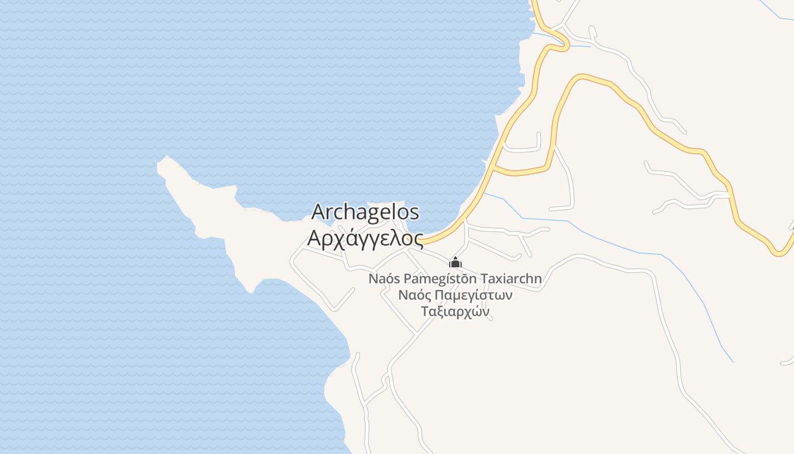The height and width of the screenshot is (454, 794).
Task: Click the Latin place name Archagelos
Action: point(366,212)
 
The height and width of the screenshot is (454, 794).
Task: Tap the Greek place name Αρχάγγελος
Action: point(365,238)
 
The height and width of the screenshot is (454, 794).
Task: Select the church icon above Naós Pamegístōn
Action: point(455,263)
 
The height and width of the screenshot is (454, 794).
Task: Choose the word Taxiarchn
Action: point(511,279)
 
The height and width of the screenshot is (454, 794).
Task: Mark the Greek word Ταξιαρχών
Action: point(455,312)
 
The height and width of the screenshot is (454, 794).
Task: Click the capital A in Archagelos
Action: point(319,212)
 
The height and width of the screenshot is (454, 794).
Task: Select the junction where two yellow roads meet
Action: point(493,169)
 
